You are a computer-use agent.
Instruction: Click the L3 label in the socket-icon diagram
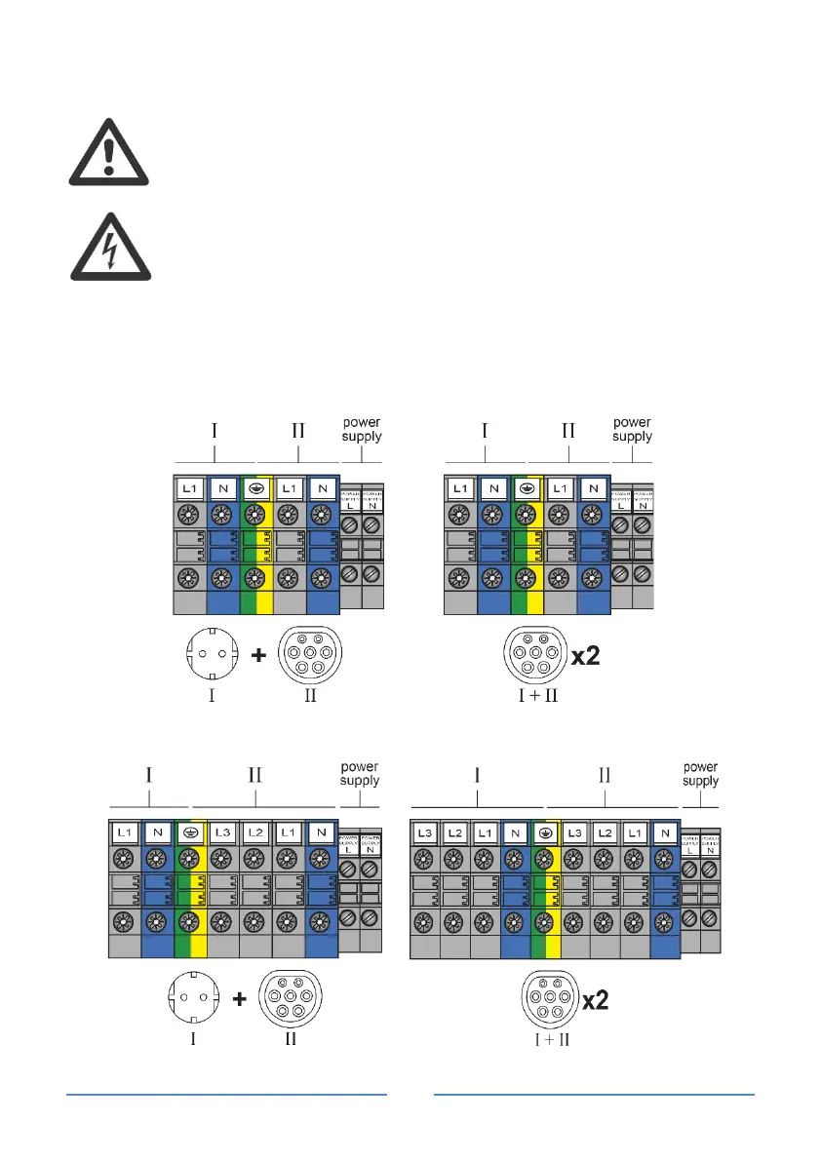click(x=221, y=834)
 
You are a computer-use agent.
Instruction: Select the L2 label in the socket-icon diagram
click(x=254, y=834)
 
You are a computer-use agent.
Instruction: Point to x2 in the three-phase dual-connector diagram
click(x=590, y=1001)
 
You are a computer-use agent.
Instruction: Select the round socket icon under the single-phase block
click(x=217, y=657)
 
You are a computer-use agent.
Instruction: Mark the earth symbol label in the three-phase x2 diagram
click(x=545, y=834)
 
